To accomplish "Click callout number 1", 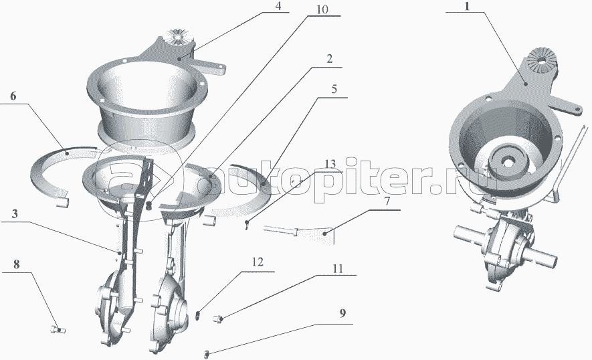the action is [x=467, y=7].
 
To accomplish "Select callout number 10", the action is [x=322, y=9].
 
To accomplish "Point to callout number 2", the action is [x=330, y=59].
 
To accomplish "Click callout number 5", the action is [x=334, y=90].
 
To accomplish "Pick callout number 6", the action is [x=13, y=96].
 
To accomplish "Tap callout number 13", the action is [x=330, y=164].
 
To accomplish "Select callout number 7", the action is [x=387, y=201].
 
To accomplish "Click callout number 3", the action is [x=15, y=214].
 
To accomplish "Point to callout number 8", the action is [x=16, y=264].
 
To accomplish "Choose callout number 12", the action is [x=258, y=262].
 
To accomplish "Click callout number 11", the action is [x=338, y=268].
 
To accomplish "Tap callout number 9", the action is [x=342, y=314].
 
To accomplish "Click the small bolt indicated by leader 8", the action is [x=58, y=330].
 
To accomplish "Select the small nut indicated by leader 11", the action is [x=217, y=319].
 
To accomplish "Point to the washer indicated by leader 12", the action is [x=197, y=314].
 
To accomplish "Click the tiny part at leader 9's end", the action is [x=207, y=355].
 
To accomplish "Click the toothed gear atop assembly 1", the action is [x=540, y=60].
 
